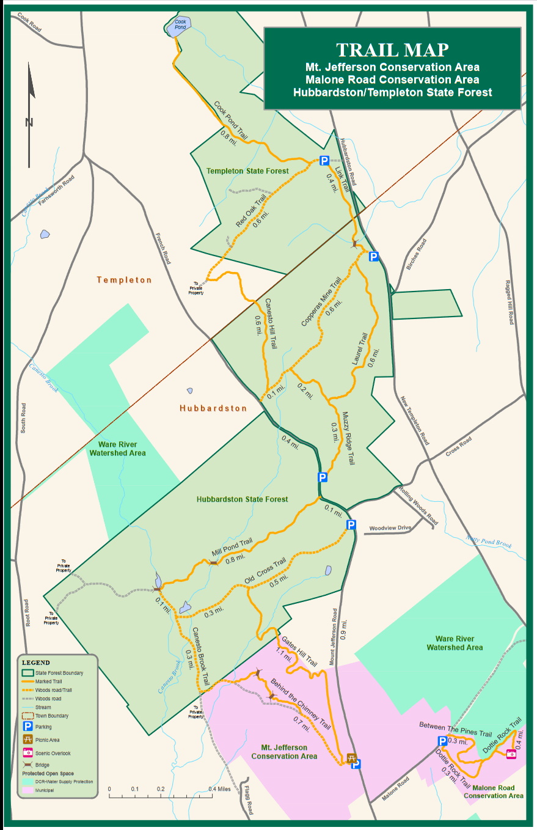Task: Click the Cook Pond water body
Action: pyautogui.click(x=179, y=25)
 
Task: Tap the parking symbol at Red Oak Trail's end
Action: pyautogui.click(x=324, y=161)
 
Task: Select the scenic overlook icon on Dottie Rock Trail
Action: pyautogui.click(x=511, y=754)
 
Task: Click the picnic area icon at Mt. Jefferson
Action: pyautogui.click(x=351, y=758)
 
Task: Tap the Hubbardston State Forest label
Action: pyautogui.click(x=242, y=499)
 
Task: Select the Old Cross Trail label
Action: pyautogui.click(x=265, y=571)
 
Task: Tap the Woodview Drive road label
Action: pyautogui.click(x=390, y=528)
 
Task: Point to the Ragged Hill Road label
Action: pyautogui.click(x=509, y=302)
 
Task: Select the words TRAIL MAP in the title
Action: pyautogui.click(x=392, y=50)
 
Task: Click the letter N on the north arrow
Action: pyautogui.click(x=29, y=122)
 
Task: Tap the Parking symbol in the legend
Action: pyautogui.click(x=27, y=727)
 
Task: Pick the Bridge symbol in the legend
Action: pyautogui.click(x=27, y=765)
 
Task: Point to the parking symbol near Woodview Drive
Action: pyautogui.click(x=351, y=524)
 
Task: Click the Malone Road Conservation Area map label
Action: pyautogui.click(x=493, y=791)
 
